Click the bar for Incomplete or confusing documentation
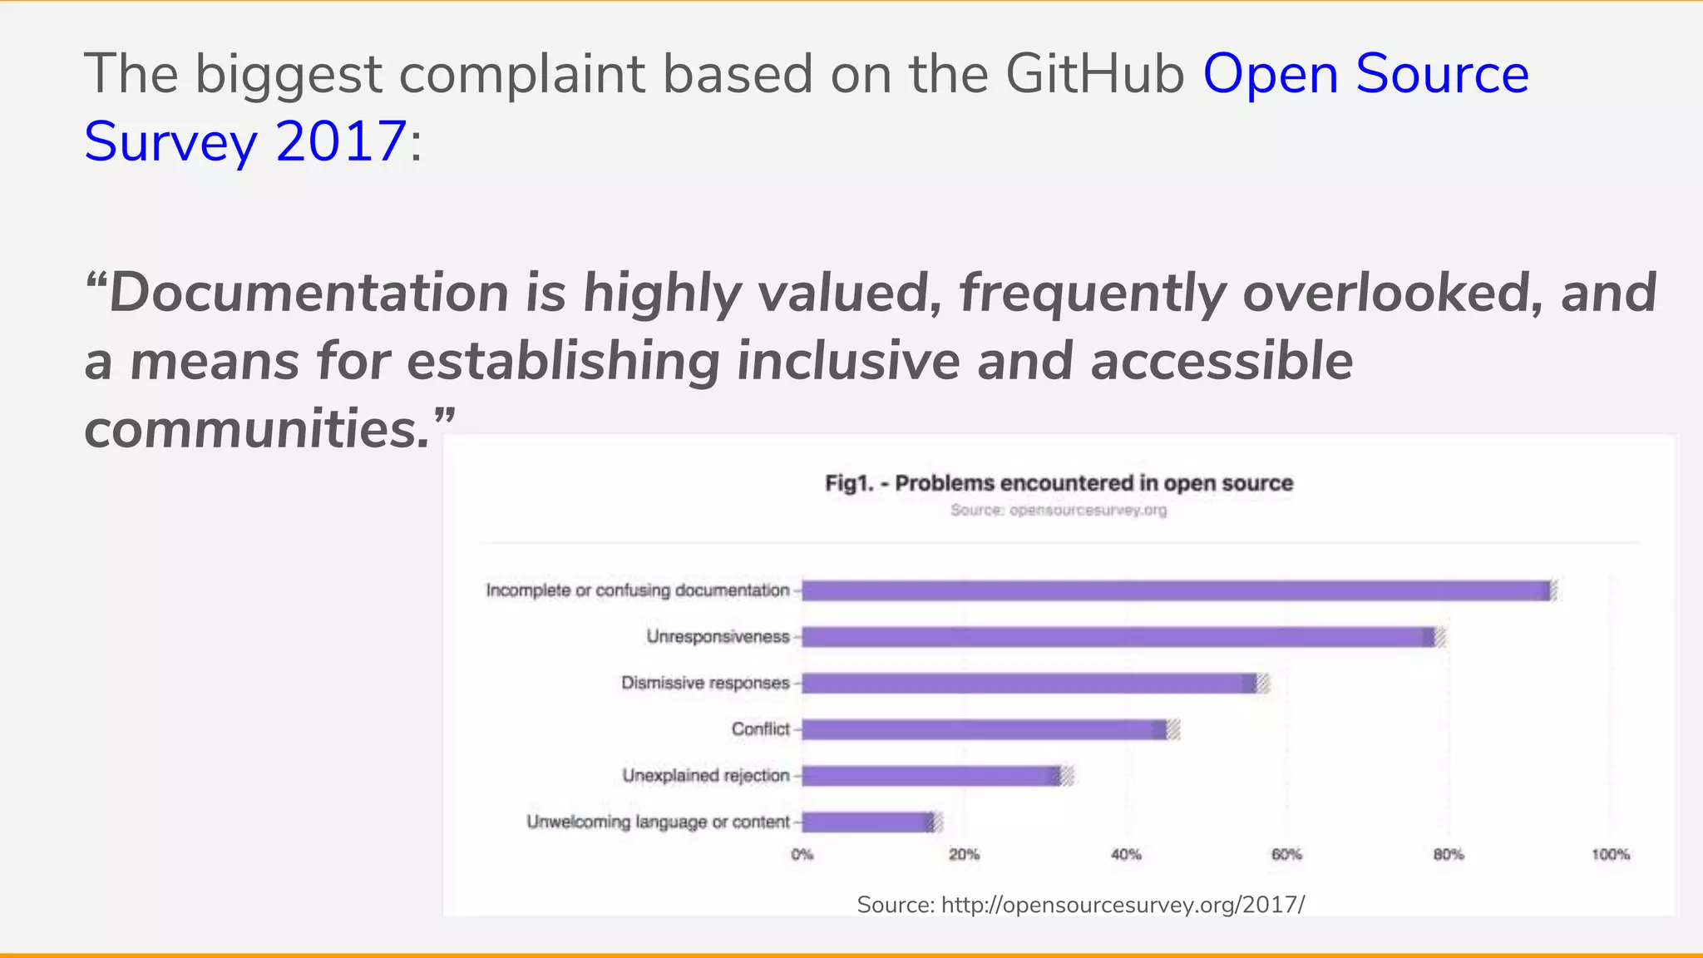1176,590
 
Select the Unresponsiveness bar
1118,637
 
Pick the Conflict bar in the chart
985,729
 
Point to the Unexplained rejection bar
931,776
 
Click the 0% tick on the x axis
802,855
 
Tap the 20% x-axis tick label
965,855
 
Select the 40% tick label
1126,855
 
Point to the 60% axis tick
1286,855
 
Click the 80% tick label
1449,855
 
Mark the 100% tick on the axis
1611,855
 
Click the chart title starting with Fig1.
1059,483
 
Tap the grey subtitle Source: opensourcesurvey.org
1059,510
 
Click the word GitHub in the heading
1094,73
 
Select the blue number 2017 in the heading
341,141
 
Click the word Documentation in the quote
309,293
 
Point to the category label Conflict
760,729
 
